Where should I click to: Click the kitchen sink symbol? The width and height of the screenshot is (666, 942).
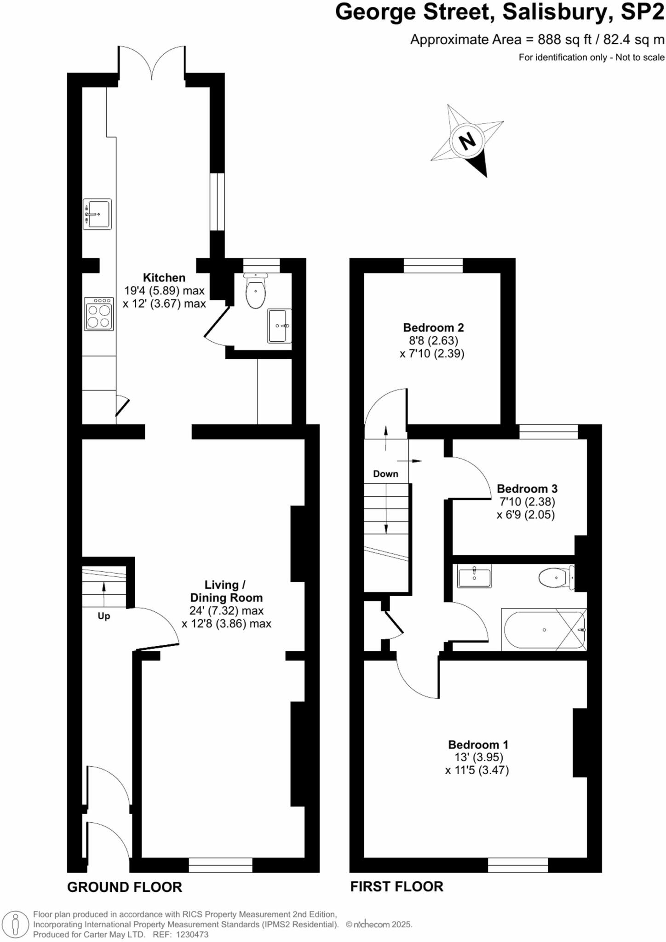[98, 214]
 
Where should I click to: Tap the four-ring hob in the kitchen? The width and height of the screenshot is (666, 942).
[99, 314]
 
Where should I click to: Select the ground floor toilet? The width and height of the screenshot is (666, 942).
[256, 292]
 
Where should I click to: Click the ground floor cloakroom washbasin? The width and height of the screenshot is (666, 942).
[279, 326]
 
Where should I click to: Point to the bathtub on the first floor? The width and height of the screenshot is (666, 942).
[544, 630]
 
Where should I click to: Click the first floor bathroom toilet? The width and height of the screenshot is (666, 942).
[556, 578]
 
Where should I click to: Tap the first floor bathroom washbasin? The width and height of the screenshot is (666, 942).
[474, 576]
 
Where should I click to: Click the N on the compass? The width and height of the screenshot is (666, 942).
[467, 140]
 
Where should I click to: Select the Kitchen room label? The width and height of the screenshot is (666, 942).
[164, 278]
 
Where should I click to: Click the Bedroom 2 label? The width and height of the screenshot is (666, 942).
[433, 327]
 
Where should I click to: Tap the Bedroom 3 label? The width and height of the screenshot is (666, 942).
[527, 488]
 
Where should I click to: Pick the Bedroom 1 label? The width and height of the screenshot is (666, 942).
[478, 744]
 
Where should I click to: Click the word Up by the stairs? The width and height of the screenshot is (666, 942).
[104, 616]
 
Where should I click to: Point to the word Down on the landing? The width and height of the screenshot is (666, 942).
[385, 474]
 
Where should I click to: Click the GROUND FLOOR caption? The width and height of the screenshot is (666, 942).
[125, 887]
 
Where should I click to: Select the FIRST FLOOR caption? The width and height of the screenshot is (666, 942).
[397, 886]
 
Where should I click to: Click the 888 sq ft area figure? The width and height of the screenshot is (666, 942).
[565, 40]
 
